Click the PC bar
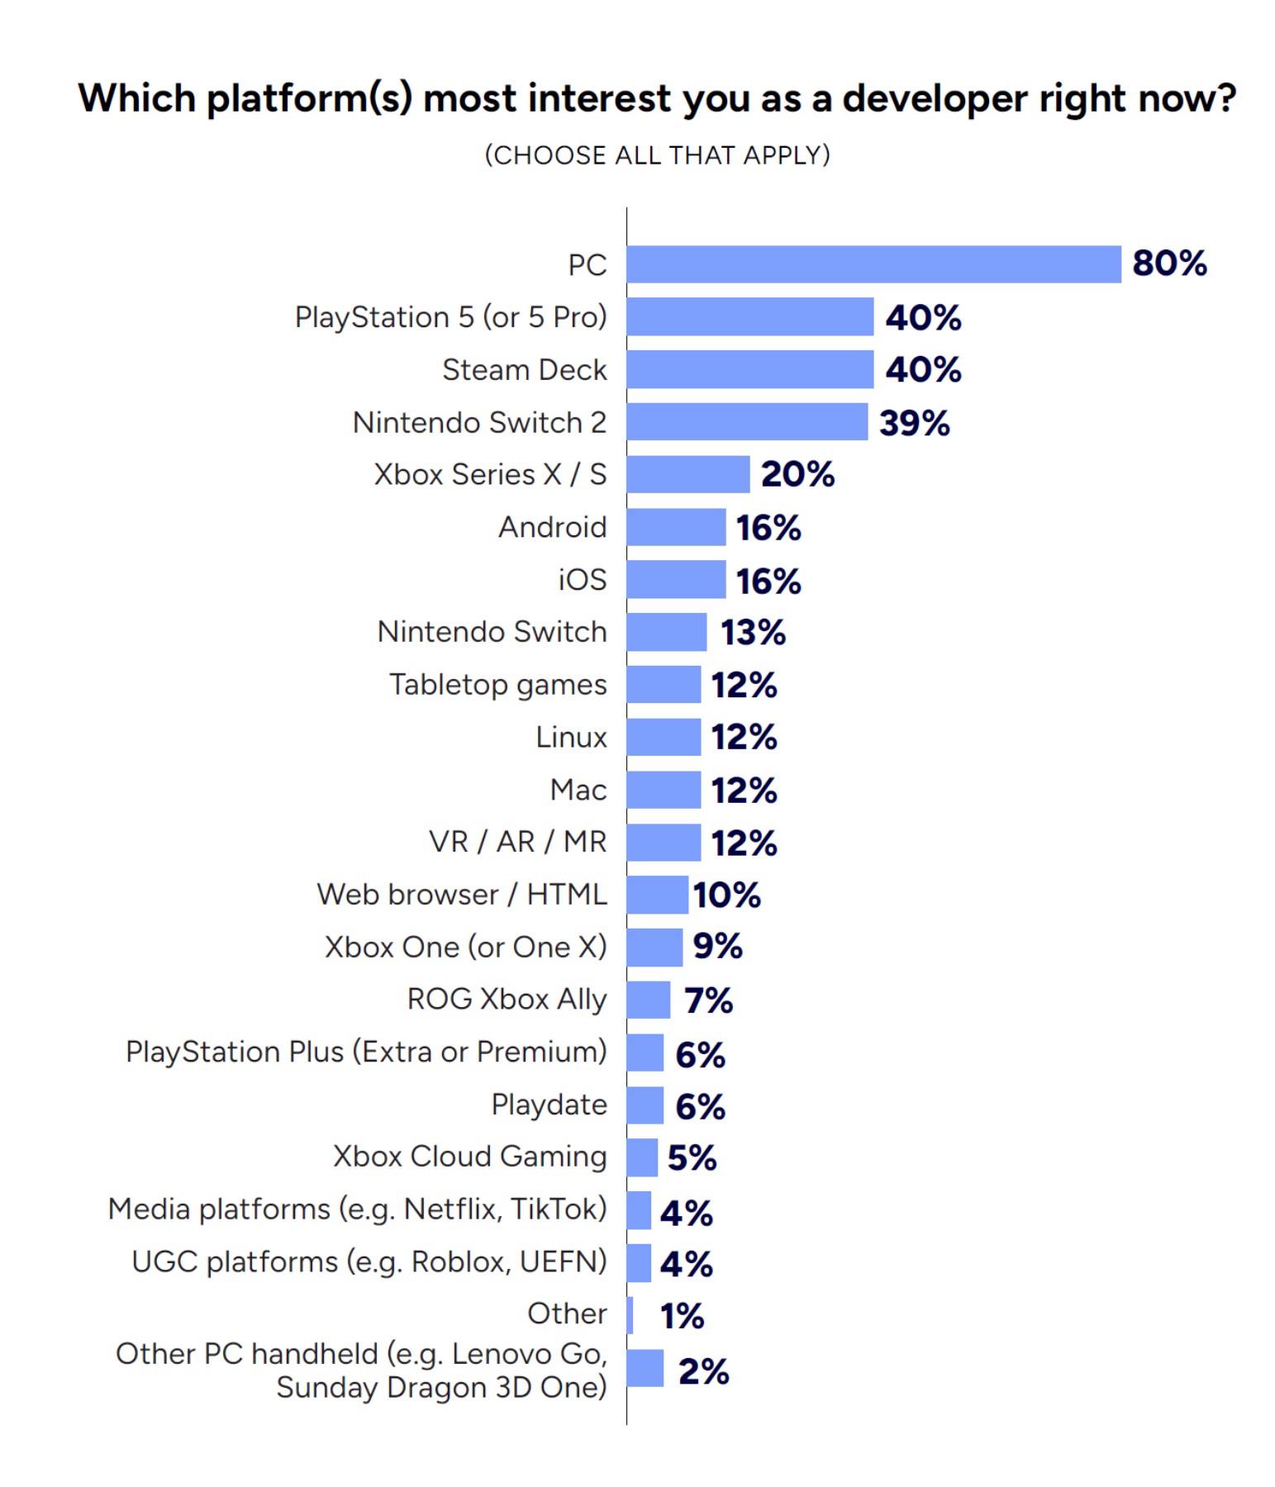coord(873,264)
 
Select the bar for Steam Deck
coord(749,369)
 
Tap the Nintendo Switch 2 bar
coord(746,421)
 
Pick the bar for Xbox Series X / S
coord(687,474)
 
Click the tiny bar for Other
coord(630,1314)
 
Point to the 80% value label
coord(1168,264)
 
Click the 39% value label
coord(914,423)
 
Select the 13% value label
coord(752,633)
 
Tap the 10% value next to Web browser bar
coord(726,895)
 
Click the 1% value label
coord(682,1316)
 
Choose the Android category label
coord(552,527)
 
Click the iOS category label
coord(582,580)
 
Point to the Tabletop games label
coord(497,685)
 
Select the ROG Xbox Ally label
coord(507,1000)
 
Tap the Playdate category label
coord(549,1105)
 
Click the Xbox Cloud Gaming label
coord(469,1157)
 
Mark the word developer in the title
coord(935,98)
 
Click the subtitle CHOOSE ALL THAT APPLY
coord(657,155)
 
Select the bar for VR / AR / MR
coord(664,843)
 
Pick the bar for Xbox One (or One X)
coord(654,948)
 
